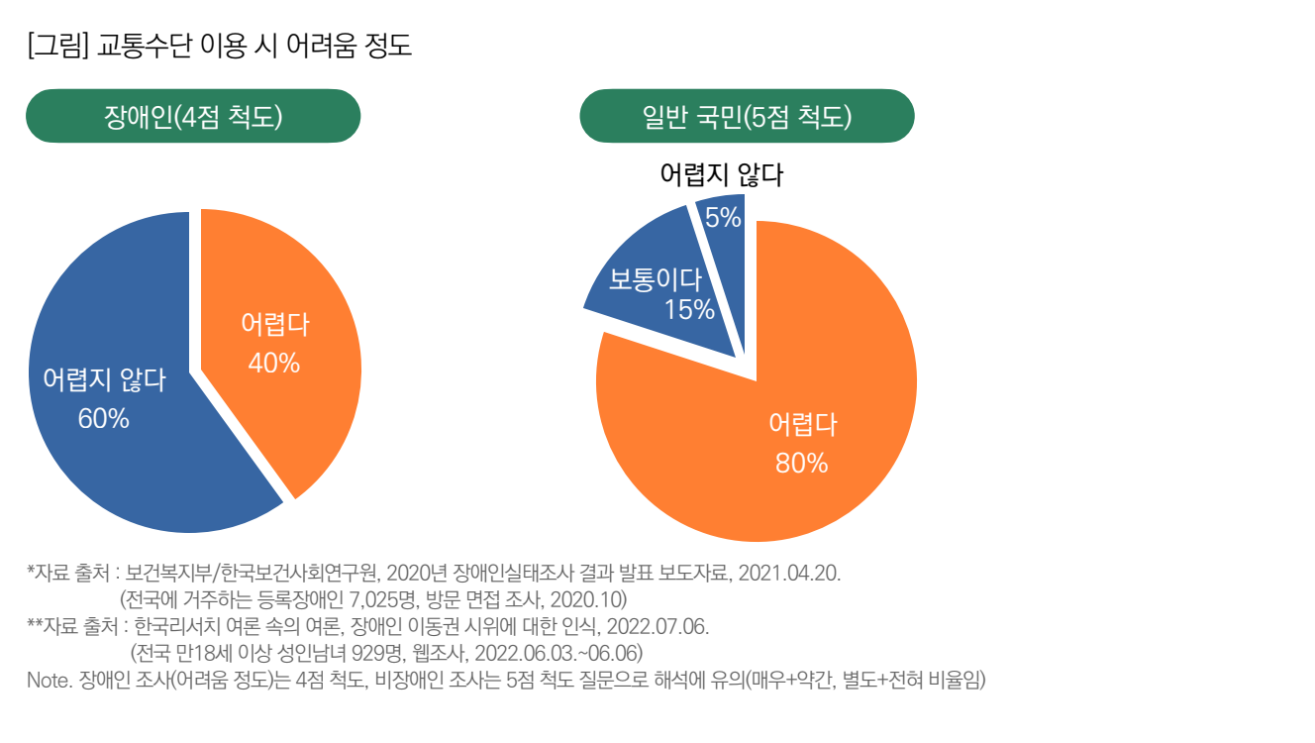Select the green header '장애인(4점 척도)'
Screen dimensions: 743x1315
tap(192, 117)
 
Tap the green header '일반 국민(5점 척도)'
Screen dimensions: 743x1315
tap(747, 117)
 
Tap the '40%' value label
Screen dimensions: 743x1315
tap(273, 364)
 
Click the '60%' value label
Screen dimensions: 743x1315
tap(103, 419)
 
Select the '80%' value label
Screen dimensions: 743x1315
tap(801, 463)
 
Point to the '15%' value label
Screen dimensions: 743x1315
tap(688, 310)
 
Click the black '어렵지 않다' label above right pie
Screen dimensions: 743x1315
tap(721, 175)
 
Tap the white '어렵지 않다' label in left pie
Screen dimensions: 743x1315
tap(104, 381)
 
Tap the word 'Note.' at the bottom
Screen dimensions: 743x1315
tap(49, 681)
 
